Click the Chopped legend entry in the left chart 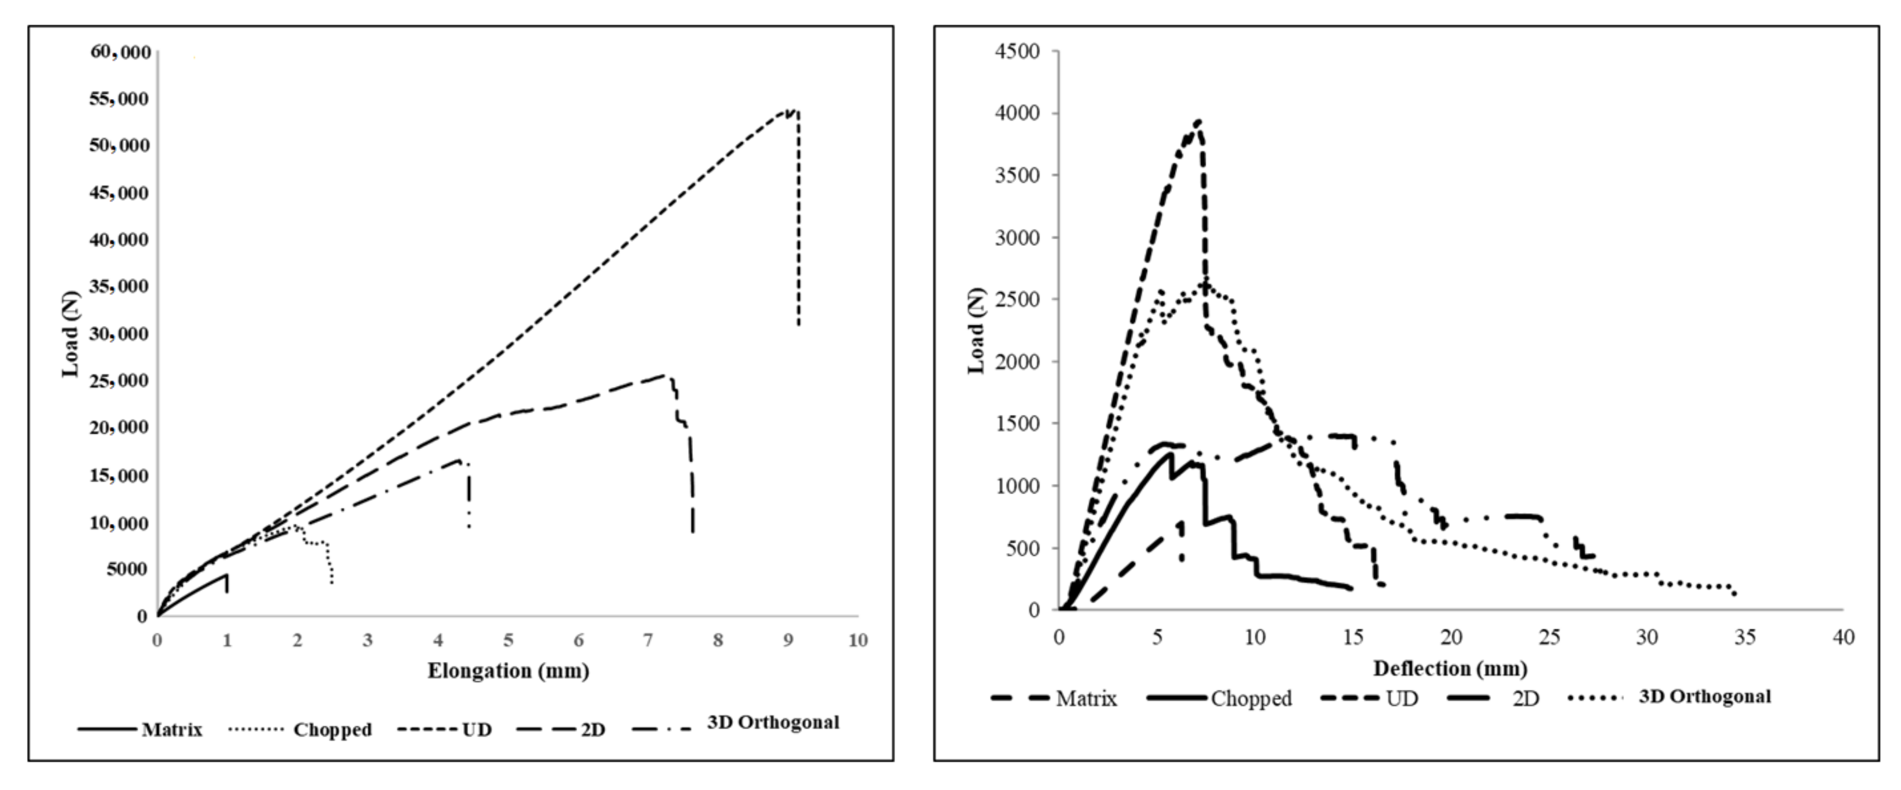332,729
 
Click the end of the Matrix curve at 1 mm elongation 226,575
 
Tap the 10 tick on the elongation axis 857,640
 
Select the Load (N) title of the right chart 976,331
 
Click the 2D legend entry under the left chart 593,729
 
